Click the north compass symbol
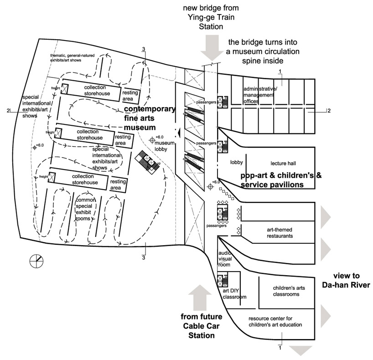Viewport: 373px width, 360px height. click(x=36, y=261)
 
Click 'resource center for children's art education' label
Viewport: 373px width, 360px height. click(x=275, y=322)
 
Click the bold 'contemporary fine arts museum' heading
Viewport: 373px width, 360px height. click(x=149, y=118)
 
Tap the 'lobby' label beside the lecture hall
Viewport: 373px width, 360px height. click(x=236, y=163)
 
